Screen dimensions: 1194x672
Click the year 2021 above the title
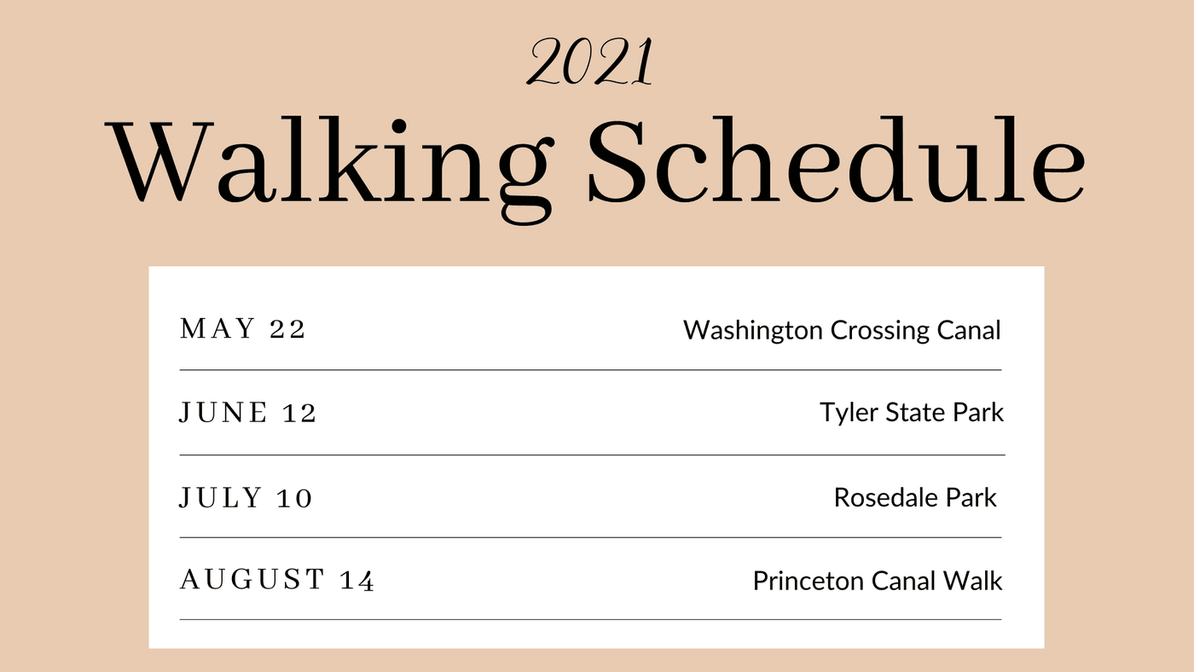tap(590, 61)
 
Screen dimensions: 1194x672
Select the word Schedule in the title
tap(836, 159)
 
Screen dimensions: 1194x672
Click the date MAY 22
tap(242, 328)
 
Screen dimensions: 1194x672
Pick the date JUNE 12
tap(248, 413)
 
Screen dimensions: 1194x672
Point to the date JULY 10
tap(246, 498)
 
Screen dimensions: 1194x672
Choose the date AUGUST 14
tap(277, 580)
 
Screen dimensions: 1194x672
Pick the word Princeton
tap(809, 581)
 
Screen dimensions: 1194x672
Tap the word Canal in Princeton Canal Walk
tap(903, 581)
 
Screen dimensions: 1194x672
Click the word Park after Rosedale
tap(971, 498)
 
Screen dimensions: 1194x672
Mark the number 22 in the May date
tap(287, 329)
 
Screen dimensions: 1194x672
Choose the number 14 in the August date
tap(357, 581)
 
